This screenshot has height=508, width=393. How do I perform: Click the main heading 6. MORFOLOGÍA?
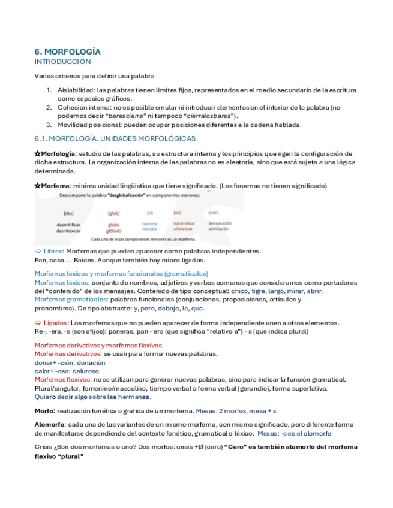pyautogui.click(x=67, y=52)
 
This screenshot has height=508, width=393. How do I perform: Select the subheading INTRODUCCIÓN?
pyautogui.click(x=62, y=62)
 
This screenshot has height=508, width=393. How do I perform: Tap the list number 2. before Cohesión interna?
pyautogui.click(x=50, y=107)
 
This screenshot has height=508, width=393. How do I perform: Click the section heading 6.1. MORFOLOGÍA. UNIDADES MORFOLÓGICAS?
pyautogui.click(x=115, y=139)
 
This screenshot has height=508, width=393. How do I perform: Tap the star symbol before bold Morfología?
pyautogui.click(x=37, y=154)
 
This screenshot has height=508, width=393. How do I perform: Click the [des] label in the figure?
pyautogui.click(x=68, y=213)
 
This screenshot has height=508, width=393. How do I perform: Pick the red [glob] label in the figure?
pyautogui.click(x=114, y=213)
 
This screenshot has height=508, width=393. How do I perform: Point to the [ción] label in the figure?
pyautogui.click(x=213, y=213)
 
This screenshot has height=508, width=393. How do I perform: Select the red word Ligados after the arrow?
pyautogui.click(x=55, y=323)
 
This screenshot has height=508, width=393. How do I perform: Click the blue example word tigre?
pyautogui.click(x=259, y=291)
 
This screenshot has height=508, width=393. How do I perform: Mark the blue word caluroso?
pyautogui.click(x=87, y=371)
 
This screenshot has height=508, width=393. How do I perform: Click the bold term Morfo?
pyautogui.click(x=46, y=411)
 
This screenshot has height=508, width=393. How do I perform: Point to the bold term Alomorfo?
pyautogui.click(x=50, y=425)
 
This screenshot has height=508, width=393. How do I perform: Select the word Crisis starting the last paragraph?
pyautogui.click(x=44, y=447)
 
